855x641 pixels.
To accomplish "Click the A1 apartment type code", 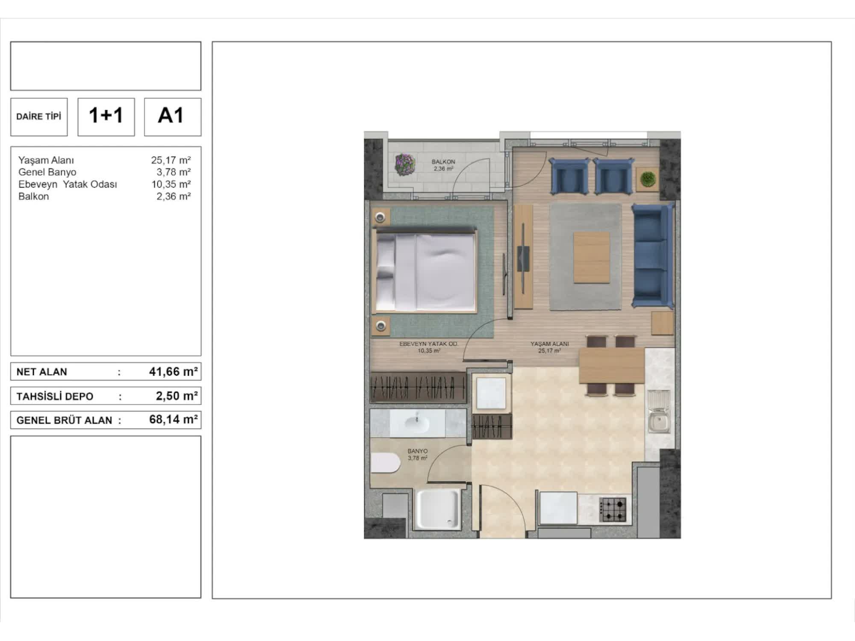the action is (x=171, y=115).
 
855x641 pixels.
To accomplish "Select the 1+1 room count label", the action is (x=106, y=115).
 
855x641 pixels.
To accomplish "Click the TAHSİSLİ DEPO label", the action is (x=55, y=397).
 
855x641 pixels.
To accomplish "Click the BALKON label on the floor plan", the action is (x=443, y=162).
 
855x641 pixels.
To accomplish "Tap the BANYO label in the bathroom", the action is (x=418, y=451).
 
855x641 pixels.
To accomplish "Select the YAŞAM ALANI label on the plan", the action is (x=550, y=344).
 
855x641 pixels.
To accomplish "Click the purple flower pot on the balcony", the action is (x=404, y=165).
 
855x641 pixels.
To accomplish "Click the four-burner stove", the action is (x=613, y=510).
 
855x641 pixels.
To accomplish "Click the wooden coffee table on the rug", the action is (x=592, y=257).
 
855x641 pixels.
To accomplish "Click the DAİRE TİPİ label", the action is (x=39, y=116).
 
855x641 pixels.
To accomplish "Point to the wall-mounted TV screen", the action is (x=523, y=258).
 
